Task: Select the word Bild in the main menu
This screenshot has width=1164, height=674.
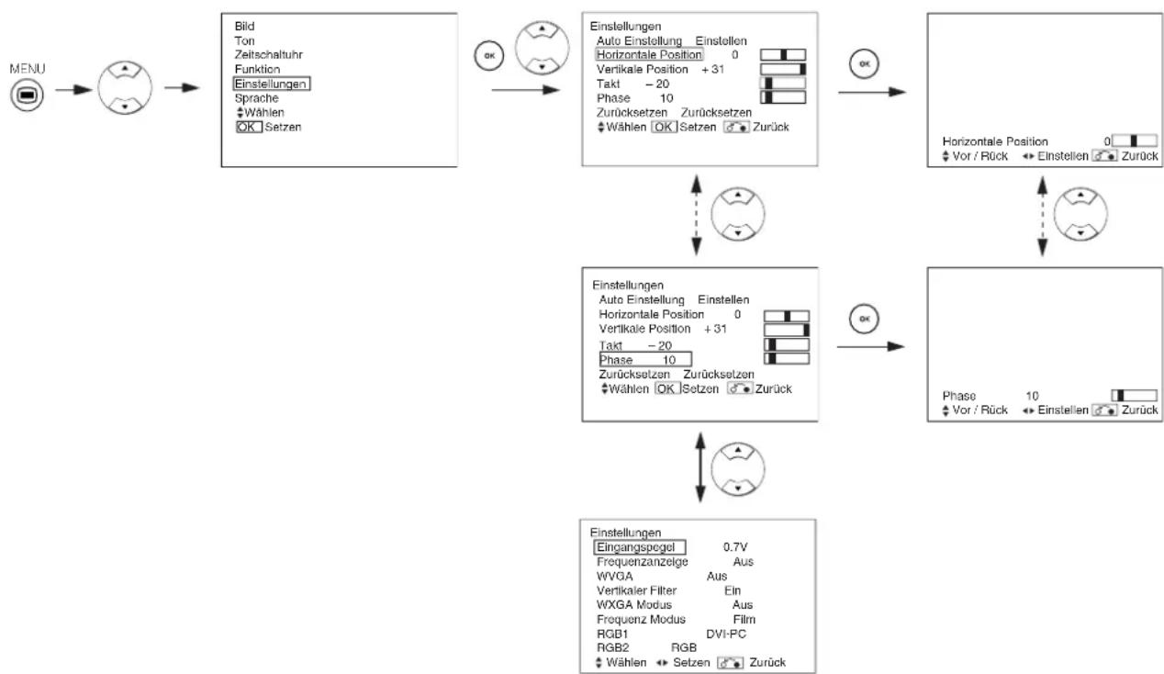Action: click(244, 28)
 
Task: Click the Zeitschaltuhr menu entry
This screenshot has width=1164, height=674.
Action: click(262, 55)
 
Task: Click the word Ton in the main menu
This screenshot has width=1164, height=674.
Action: click(243, 41)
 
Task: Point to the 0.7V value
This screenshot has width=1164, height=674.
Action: click(736, 547)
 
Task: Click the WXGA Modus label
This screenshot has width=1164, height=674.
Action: click(634, 605)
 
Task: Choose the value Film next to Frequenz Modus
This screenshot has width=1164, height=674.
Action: click(743, 620)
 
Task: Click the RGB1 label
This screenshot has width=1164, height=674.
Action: click(612, 634)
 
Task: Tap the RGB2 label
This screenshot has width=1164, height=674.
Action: click(612, 647)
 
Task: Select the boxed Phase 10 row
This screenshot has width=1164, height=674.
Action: click(644, 359)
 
